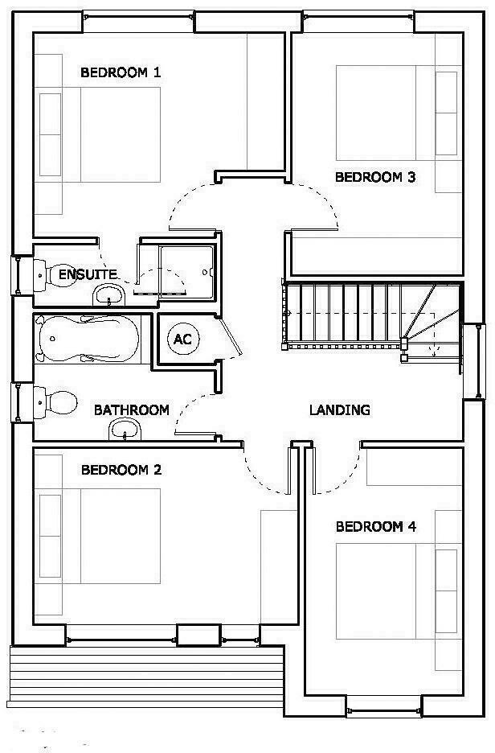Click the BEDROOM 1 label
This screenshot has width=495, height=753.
coord(121,72)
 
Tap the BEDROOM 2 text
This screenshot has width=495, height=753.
coord(121,469)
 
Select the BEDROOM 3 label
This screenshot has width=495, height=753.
coord(375,177)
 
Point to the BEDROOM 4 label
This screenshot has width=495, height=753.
coord(375,527)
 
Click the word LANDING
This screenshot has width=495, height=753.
coord(339,409)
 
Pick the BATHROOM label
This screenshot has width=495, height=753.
coord(132,409)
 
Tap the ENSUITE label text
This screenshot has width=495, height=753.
coord(88,274)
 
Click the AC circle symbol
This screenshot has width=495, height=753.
coord(182,339)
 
